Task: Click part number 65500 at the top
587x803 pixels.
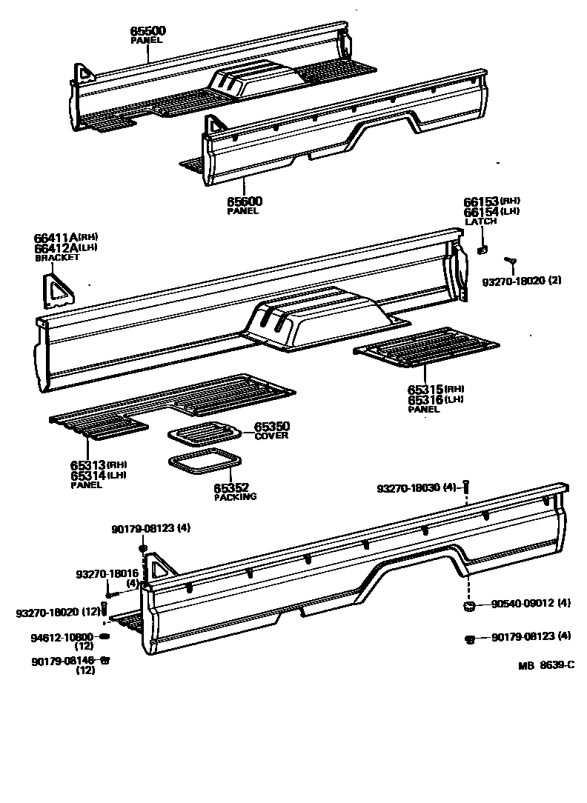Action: (148, 31)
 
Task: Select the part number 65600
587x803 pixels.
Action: (244, 201)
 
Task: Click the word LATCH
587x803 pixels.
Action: (480, 221)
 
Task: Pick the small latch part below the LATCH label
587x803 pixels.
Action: (482, 250)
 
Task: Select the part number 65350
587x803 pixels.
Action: (271, 427)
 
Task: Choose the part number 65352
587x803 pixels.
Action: (231, 488)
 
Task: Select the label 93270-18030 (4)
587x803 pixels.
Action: (417, 489)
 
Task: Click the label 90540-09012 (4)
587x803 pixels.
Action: (531, 604)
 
